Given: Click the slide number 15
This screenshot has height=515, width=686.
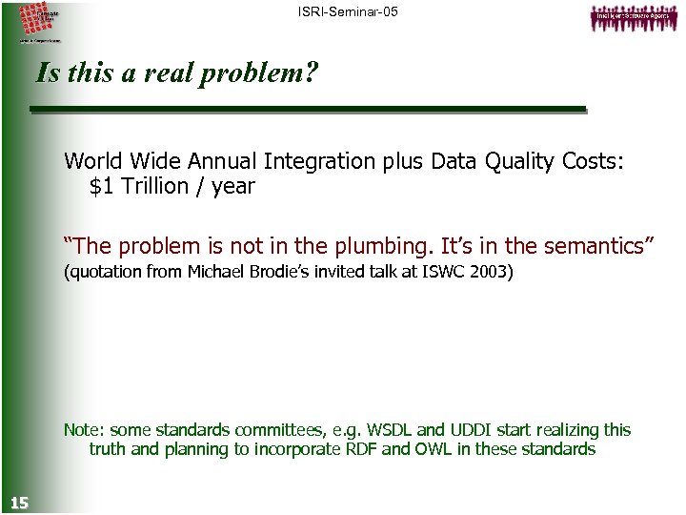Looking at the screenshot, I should [18, 503].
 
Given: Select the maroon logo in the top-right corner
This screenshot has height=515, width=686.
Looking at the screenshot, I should [630, 18].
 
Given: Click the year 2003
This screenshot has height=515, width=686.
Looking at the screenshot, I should [491, 273].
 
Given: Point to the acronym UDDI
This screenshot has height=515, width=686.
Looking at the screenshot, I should [480, 430].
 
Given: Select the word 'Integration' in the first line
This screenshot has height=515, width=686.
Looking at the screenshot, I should [316, 161].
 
